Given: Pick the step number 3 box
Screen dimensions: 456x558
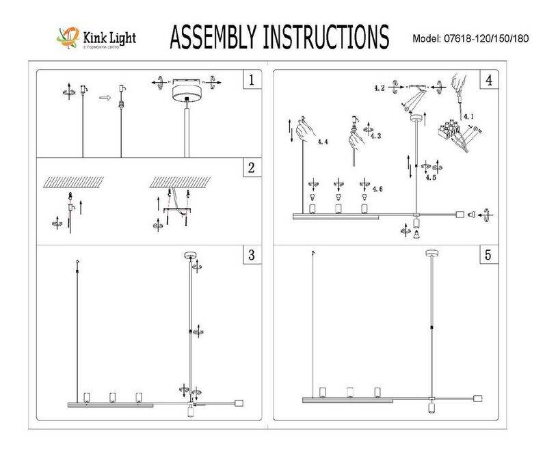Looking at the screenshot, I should (252, 255).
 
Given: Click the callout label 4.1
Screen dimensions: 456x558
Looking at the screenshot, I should (469, 117).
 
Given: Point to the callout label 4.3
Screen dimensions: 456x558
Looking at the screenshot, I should (375, 136).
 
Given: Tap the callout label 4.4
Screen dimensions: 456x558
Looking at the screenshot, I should (323, 142).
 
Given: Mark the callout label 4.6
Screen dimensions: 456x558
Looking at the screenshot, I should (377, 187).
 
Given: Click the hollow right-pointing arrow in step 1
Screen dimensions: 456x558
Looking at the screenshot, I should (104, 98).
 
